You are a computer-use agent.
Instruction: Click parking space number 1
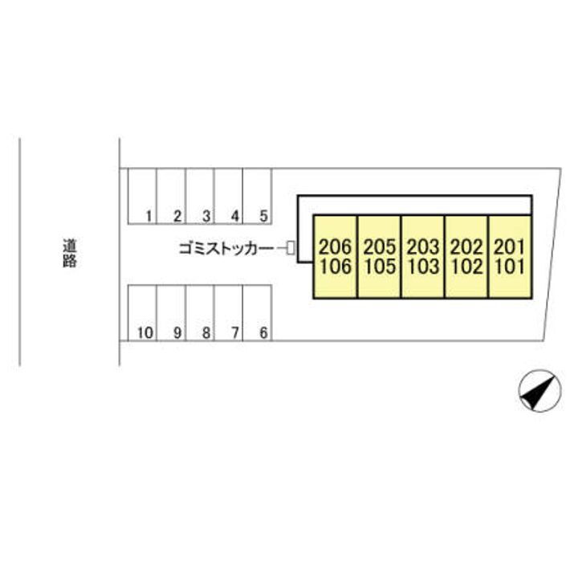click(142, 196)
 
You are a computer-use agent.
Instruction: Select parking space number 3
click(200, 196)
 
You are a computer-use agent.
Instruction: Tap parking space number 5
click(258, 196)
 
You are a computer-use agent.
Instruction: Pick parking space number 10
click(142, 313)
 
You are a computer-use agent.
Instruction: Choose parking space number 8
click(200, 313)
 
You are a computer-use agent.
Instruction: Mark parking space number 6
click(258, 313)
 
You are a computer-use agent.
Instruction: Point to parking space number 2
click(172, 196)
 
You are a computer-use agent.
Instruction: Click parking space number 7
click(229, 313)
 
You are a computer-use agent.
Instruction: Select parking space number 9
click(172, 313)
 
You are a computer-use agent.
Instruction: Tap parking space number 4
click(229, 196)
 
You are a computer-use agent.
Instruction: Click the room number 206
click(336, 247)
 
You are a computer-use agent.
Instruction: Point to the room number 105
click(380, 267)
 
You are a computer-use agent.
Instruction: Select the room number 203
click(423, 247)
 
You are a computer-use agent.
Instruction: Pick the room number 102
click(467, 267)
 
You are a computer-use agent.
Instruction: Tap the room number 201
click(510, 247)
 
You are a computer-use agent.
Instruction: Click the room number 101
click(510, 267)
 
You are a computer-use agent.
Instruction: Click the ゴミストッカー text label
click(225, 249)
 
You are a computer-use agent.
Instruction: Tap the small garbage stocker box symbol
click(291, 248)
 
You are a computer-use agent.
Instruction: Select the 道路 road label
click(69, 253)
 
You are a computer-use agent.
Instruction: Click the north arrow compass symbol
click(539, 391)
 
